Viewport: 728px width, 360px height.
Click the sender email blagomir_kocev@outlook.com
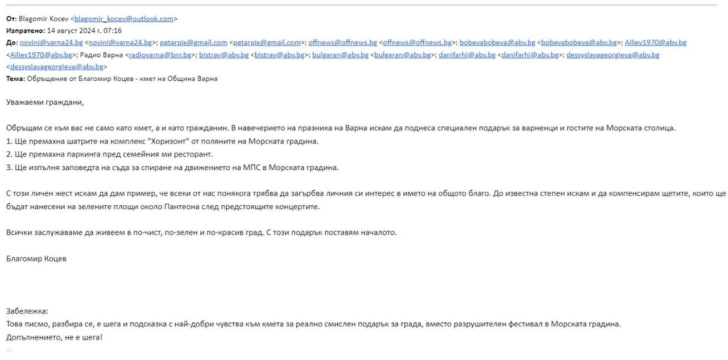[124, 19]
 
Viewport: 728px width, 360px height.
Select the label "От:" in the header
[11, 19]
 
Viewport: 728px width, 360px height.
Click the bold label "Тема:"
[15, 78]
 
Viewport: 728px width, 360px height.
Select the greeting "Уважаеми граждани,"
[45, 102]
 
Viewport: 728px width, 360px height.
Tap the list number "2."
[10, 154]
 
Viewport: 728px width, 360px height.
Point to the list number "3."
[10, 167]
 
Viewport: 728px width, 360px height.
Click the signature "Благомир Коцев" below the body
[36, 259]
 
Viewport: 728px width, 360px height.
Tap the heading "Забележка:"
[28, 311]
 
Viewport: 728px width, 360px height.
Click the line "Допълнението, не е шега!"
[55, 337]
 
